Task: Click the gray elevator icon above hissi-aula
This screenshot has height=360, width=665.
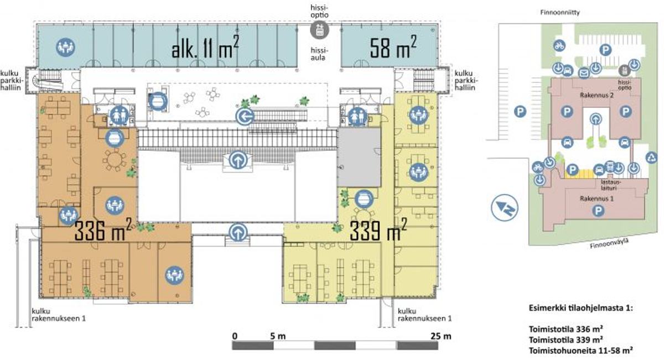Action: [320, 30]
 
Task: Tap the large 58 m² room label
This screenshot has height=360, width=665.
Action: [393, 47]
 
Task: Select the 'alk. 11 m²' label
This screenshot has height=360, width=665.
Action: [205, 47]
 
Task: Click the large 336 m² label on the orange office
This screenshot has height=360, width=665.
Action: [103, 229]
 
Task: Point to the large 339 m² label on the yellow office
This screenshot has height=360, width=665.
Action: [378, 229]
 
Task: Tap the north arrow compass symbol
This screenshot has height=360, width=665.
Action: [505, 207]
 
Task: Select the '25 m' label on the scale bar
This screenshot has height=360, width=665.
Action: [441, 336]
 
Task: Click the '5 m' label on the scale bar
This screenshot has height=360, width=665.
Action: [278, 336]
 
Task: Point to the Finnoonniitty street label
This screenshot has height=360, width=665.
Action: [560, 13]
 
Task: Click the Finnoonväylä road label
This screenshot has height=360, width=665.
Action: [609, 243]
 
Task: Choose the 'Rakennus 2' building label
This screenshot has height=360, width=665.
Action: [596, 96]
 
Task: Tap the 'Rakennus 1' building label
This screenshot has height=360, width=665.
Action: [597, 199]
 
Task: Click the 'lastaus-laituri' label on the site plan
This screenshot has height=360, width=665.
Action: [609, 185]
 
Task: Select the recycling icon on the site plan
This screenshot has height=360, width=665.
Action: [652, 157]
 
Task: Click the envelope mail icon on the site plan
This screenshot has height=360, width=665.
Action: [584, 72]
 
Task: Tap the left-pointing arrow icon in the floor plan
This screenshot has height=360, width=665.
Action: [245, 117]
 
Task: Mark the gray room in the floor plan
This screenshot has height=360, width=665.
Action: [359, 157]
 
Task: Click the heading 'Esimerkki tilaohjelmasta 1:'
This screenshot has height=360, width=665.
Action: [581, 308]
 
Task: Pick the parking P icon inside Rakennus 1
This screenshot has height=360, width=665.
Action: [598, 211]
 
